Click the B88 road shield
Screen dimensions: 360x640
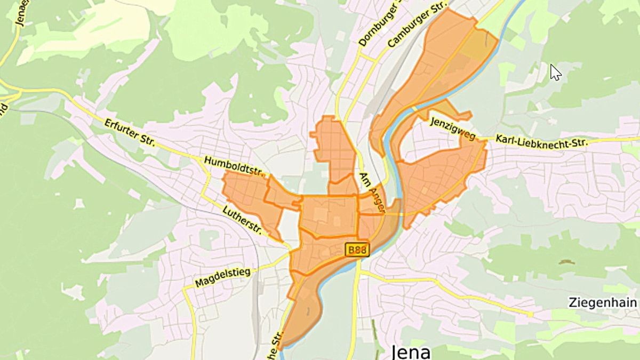(x=357, y=250)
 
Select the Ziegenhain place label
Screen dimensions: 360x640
(x=602, y=302)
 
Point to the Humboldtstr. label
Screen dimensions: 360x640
(x=235, y=166)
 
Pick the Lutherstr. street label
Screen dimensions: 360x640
(x=242, y=220)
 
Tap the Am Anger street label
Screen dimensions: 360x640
(x=372, y=193)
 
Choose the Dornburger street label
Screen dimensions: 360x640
(x=379, y=24)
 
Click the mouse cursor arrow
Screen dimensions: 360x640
(x=555, y=71)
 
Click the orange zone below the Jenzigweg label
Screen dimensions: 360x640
(x=440, y=176)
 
